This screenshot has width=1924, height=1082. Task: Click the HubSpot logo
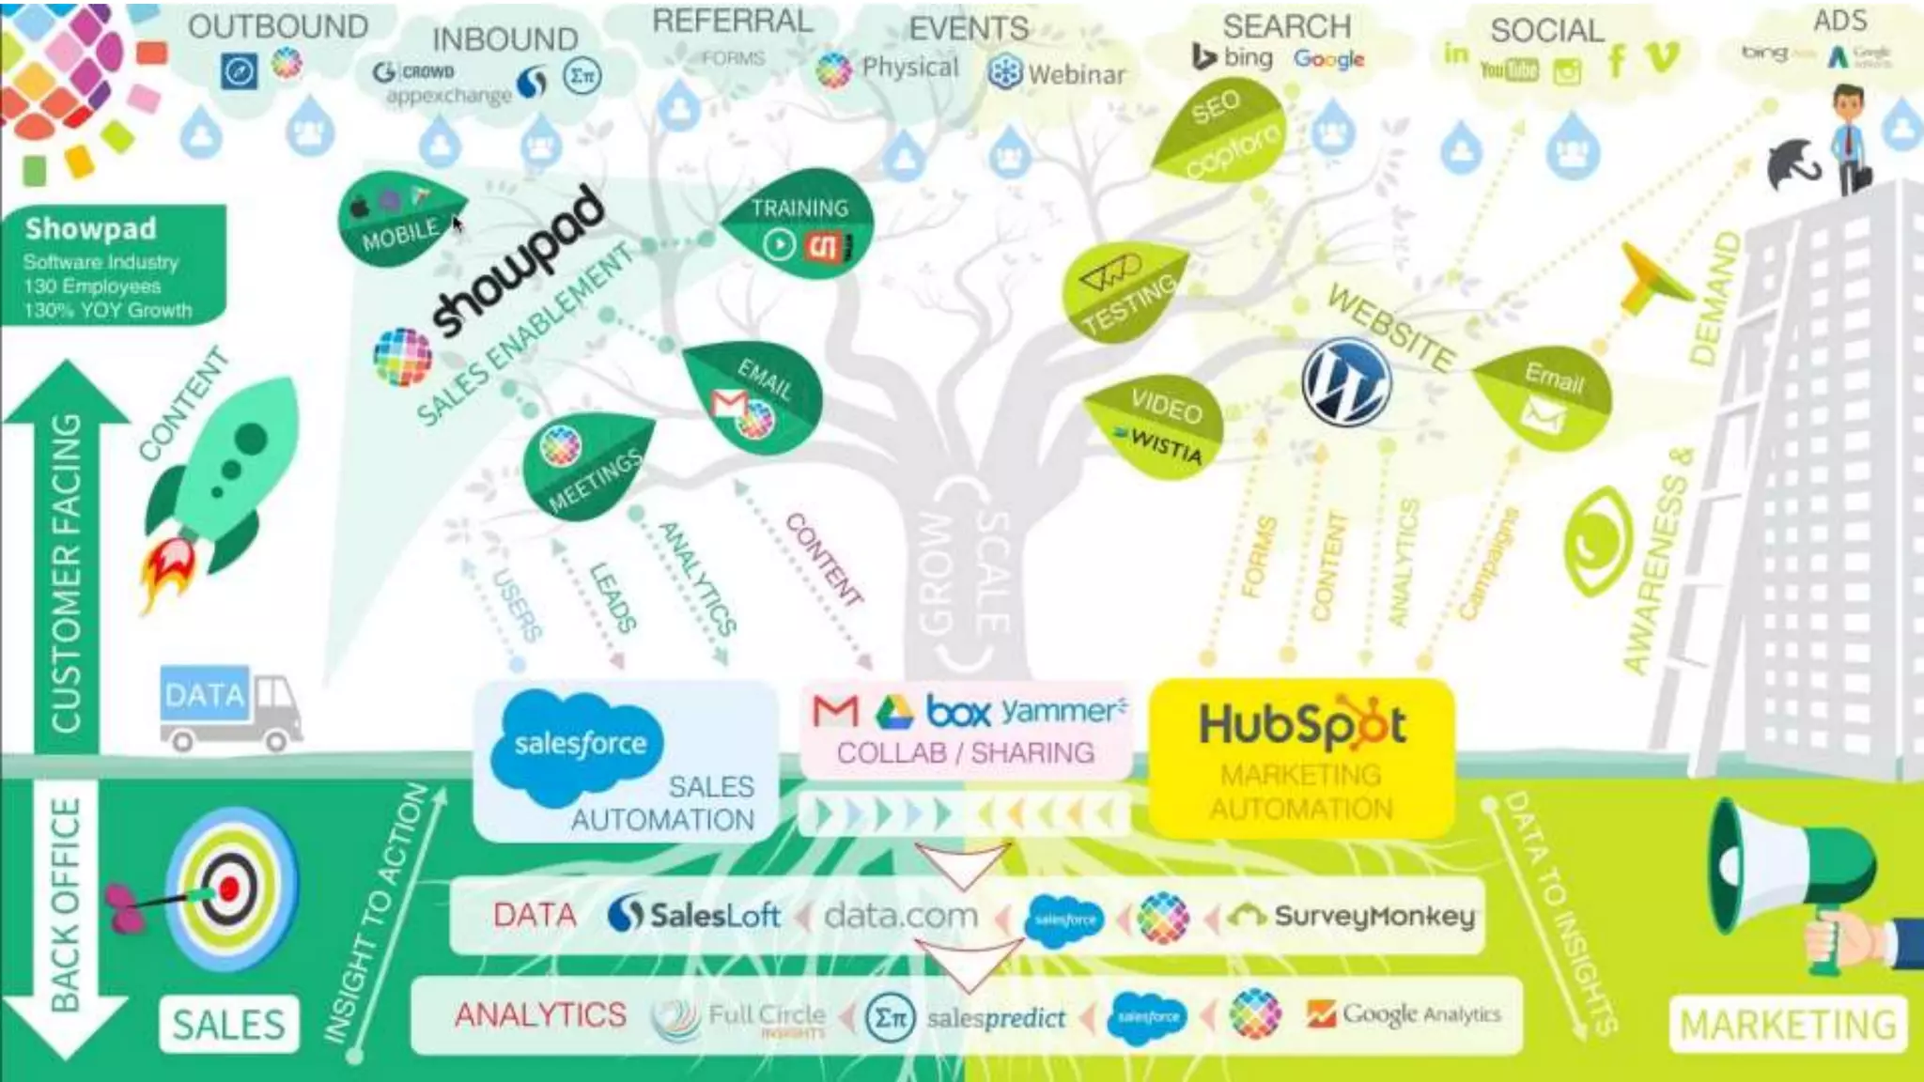coord(1302,726)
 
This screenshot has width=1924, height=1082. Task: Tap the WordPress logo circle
coord(1346,381)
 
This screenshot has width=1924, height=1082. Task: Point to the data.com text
coord(900,915)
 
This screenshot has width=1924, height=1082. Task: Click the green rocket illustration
coord(225,470)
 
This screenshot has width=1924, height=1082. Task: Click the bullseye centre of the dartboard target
coord(229,888)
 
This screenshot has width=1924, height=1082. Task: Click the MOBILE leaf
coord(398,221)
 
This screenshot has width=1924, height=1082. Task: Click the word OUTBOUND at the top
coord(277,26)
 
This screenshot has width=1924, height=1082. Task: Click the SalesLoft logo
coord(694,915)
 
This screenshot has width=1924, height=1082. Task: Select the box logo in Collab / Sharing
coord(958,711)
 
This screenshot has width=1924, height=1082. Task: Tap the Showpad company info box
coord(113,266)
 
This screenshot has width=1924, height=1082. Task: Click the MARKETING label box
coord(1787,1024)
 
